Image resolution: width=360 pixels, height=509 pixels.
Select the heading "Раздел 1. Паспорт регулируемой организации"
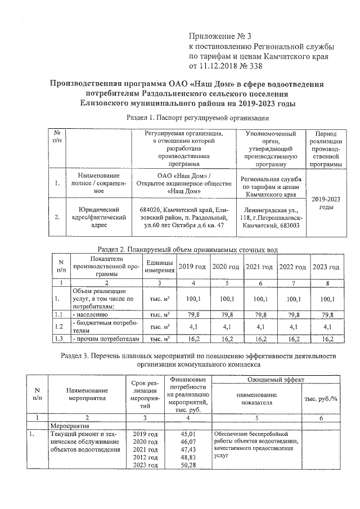[195, 118]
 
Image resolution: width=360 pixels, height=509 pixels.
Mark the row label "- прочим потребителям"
[105, 339]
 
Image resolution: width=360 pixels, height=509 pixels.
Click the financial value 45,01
[187, 434]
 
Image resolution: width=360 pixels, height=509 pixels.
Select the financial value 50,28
[187, 465]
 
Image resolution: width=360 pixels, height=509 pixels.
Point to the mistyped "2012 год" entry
[144, 457]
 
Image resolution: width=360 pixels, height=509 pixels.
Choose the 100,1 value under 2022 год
[292, 298]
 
